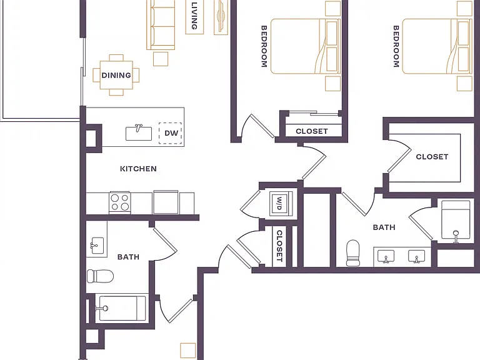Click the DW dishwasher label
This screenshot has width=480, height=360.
pos(171,133)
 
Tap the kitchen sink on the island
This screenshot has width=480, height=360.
pos(139,133)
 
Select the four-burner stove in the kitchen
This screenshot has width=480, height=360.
pos(120,202)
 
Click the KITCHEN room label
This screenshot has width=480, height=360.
pos(138,169)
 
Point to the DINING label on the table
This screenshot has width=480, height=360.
pos(116,75)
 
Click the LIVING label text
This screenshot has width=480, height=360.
pos(194,16)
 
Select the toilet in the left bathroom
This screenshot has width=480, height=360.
pos(101,276)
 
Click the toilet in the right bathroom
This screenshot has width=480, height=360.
pos(352,253)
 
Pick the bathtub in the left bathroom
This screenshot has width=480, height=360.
pos(122,308)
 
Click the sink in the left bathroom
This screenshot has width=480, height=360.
pos(97,246)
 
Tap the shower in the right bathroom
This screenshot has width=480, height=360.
pos(456,220)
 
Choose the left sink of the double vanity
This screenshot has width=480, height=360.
pos(386,256)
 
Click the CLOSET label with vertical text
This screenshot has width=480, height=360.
pos(279,246)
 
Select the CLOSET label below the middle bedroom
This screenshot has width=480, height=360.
pos(312,131)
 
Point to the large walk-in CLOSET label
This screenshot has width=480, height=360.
pos(432,157)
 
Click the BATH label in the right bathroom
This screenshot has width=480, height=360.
pos(384,227)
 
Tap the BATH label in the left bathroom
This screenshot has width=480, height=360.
pos(128,257)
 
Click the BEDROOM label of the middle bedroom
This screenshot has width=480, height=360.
pos(264,46)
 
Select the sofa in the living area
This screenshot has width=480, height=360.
pos(161,24)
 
